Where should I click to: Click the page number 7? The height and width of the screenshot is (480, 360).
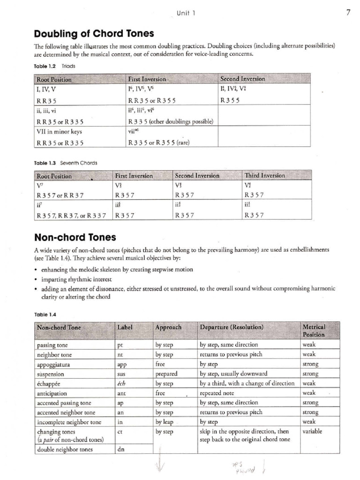[348, 13]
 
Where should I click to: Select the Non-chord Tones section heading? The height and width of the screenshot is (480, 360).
[75, 237]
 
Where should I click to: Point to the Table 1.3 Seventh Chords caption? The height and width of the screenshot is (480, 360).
[66, 163]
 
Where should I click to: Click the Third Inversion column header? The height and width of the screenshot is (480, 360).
[264, 176]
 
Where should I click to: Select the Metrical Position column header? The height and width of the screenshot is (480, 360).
[314, 330]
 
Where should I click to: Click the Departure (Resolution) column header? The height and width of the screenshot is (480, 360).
[232, 327]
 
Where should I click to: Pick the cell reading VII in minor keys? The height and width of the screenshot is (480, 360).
[59, 132]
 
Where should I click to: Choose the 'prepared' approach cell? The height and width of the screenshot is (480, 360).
[166, 374]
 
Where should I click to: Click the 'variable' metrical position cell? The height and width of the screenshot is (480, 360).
[312, 431]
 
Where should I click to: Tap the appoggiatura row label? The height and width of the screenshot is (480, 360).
[53, 364]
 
